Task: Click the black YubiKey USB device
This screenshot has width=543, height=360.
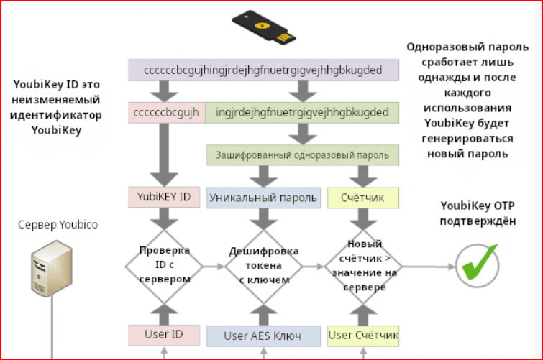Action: coord(264,28)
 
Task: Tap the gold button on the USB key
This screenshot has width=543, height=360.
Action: coord(262,26)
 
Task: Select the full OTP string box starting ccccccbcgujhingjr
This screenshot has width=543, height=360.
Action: coord(263,70)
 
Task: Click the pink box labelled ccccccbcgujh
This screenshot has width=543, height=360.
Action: coord(167,113)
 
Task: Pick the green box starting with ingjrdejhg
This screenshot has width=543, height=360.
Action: coord(302,113)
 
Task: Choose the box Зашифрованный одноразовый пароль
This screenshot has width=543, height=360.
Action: coord(302,154)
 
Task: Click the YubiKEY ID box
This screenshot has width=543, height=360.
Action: coord(164,197)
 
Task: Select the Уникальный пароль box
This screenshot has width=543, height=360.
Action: coord(263,198)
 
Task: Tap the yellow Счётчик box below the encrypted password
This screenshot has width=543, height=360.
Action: coord(363,198)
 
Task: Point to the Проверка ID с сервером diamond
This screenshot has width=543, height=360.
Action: coord(164,266)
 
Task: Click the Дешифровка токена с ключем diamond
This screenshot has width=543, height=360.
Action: coord(263,266)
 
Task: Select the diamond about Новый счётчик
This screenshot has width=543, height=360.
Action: coord(363,266)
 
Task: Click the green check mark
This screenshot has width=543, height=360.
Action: coord(480,262)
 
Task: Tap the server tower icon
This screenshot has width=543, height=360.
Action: coord(52,269)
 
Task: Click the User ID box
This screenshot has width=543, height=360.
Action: coord(164,335)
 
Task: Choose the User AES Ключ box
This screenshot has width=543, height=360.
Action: coord(263,336)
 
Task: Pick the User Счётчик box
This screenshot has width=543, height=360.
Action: coord(363,336)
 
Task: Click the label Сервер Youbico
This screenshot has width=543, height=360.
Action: coord(58,225)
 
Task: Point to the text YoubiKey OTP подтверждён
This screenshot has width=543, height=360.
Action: coord(478,213)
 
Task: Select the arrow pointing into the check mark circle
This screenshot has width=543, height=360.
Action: coord(429,267)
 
